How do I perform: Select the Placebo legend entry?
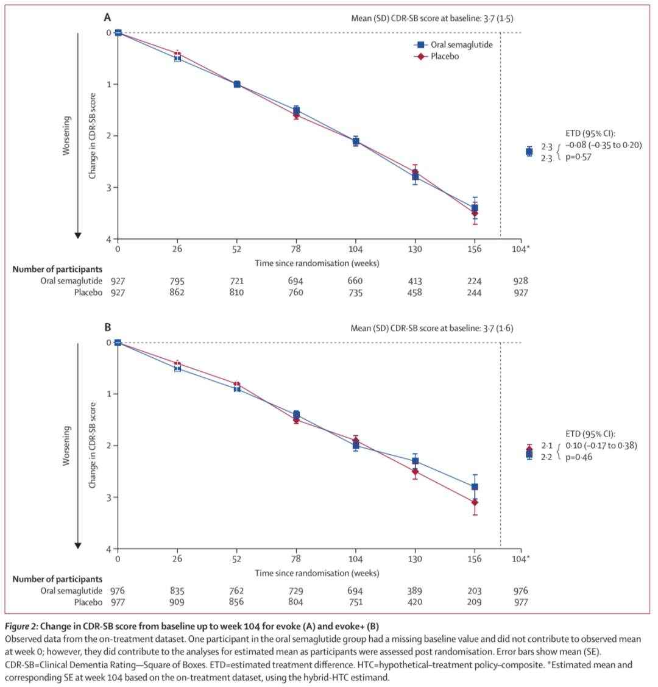click(444, 56)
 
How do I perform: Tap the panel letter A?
click(107, 18)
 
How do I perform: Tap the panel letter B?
click(107, 328)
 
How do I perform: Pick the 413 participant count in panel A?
click(415, 281)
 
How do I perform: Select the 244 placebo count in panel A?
click(475, 293)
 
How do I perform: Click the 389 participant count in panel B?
click(415, 591)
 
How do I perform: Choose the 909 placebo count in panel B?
click(177, 602)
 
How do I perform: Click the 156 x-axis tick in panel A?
click(475, 249)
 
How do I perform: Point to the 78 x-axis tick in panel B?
click(296, 559)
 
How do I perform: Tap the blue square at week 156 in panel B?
click(475, 486)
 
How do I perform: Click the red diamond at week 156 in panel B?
click(475, 502)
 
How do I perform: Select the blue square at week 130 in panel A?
click(415, 177)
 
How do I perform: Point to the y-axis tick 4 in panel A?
click(108, 239)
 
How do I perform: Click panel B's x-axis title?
click(317, 573)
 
